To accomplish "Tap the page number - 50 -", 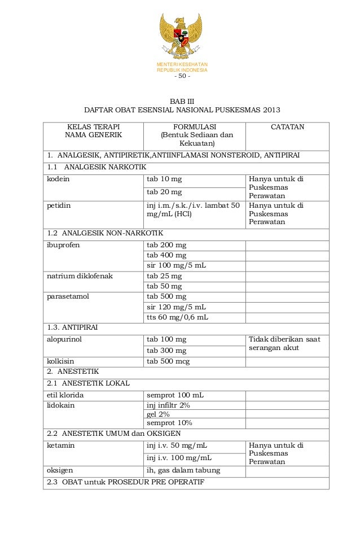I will click(x=182, y=77).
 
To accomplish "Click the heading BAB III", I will click(x=182, y=100).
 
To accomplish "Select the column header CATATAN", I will click(x=287, y=128).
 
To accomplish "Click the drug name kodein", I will click(x=58, y=180).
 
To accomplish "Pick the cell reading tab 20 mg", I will click(x=165, y=193).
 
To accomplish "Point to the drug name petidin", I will click(x=59, y=206).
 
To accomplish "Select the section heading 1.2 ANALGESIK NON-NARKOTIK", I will click(x=105, y=233).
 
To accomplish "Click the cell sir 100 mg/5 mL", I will click(x=176, y=265).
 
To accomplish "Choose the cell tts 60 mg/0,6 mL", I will click(x=177, y=317).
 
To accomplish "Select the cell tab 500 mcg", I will click(x=168, y=361).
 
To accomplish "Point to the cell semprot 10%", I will click(x=169, y=422).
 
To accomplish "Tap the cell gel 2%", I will click(x=158, y=414).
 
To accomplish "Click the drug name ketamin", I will click(x=61, y=445).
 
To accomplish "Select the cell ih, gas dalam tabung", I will click(x=183, y=470).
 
